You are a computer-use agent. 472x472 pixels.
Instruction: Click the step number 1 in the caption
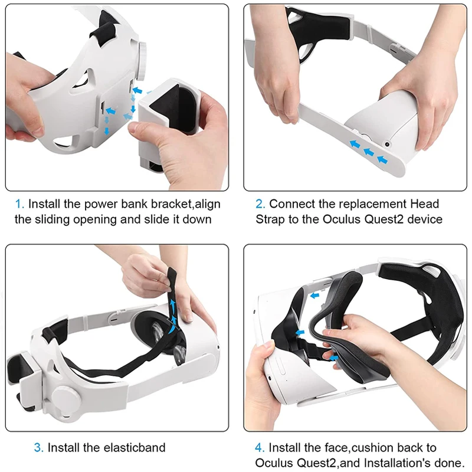pyautogui.click(x=19, y=204)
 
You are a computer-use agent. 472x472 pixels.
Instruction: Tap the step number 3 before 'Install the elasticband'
pyautogui.click(x=38, y=448)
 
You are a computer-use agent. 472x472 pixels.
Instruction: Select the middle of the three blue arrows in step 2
pyautogui.click(x=369, y=153)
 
